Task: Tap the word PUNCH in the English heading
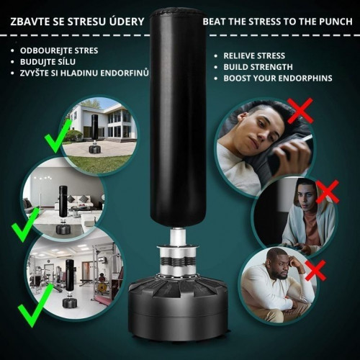coord(336,22)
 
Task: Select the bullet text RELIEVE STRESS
coord(254,55)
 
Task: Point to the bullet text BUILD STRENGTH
coord(258,67)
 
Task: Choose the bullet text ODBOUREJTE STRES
coord(59,50)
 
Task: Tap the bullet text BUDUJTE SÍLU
coord(48,62)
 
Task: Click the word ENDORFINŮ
coord(125,73)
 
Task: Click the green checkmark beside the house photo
coord(58,136)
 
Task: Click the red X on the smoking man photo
coord(300,111)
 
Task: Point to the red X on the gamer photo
coord(328,192)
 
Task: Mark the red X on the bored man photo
coord(315,270)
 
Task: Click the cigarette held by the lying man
coord(305,138)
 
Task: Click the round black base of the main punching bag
coord(178,308)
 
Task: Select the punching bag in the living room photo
coord(63,210)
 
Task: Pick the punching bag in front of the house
coord(95,134)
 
